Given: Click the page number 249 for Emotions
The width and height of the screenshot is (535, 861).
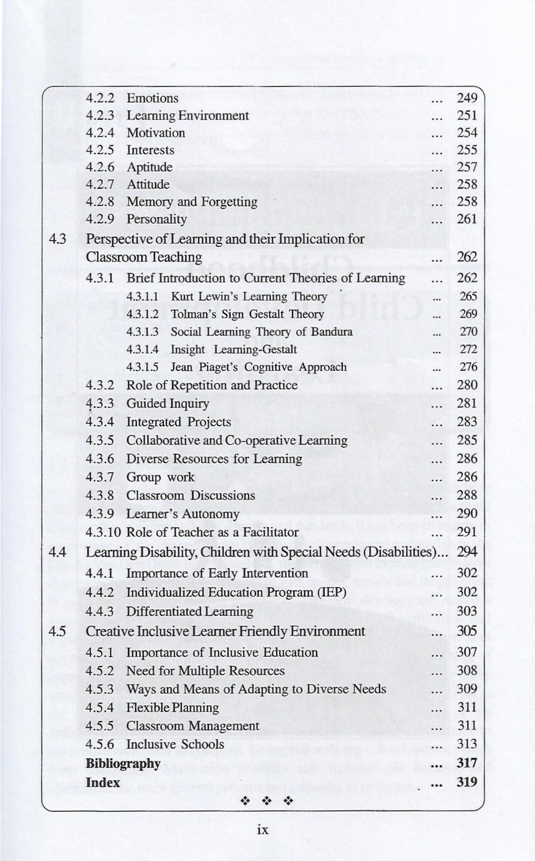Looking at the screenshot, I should pyautogui.click(x=467, y=98).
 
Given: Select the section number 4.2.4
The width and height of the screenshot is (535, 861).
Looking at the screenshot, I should pyautogui.click(x=100, y=133).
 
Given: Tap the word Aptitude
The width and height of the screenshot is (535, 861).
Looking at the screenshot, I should pyautogui.click(x=149, y=167).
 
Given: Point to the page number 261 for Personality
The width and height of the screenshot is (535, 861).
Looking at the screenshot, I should pyautogui.click(x=467, y=219).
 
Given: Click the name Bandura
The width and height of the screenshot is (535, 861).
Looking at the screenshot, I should pyautogui.click(x=331, y=332).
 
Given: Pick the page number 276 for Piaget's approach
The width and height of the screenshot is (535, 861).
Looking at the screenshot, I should pyautogui.click(x=468, y=367).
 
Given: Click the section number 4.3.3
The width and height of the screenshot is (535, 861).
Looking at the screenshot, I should pyautogui.click(x=100, y=404).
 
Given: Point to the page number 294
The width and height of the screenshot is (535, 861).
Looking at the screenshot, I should pyautogui.click(x=467, y=552).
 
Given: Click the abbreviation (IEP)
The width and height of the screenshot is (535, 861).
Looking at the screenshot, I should pyautogui.click(x=331, y=593).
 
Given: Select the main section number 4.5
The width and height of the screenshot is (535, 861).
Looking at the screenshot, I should pyautogui.click(x=57, y=631).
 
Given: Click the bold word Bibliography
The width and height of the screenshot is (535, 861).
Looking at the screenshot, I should pyautogui.click(x=123, y=764).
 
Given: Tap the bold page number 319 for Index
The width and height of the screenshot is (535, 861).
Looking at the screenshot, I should pyautogui.click(x=467, y=782).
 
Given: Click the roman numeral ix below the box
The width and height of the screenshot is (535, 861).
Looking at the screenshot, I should pyautogui.click(x=262, y=830).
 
